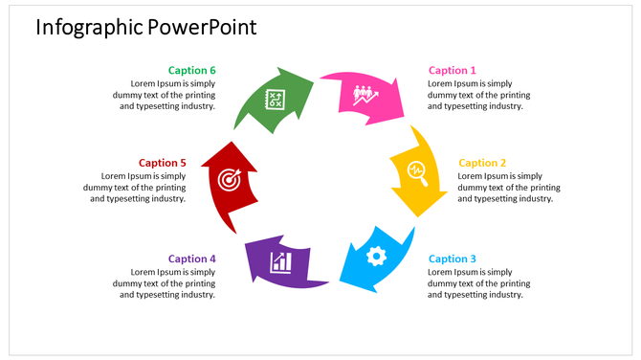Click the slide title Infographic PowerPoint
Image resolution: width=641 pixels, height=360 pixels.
click(145, 27)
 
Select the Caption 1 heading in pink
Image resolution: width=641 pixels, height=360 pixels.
click(452, 70)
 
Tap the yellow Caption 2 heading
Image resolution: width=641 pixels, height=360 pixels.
click(482, 163)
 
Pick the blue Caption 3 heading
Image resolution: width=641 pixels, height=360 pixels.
click(452, 259)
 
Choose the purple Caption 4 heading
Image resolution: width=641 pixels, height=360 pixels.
click(192, 259)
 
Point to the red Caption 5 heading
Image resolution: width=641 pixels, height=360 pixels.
click(162, 163)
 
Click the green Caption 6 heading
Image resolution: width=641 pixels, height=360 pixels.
click(192, 70)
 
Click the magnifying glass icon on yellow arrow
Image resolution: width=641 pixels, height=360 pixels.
click(417, 172)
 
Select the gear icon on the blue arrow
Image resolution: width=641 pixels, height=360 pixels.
click(376, 256)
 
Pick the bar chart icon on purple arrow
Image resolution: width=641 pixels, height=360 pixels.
click(280, 260)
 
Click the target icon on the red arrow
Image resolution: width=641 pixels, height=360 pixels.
click(228, 179)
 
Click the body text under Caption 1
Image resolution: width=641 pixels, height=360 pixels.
click(477, 95)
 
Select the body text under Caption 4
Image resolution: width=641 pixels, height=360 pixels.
click(165, 283)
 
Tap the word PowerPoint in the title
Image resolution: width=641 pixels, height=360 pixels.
click(202, 27)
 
